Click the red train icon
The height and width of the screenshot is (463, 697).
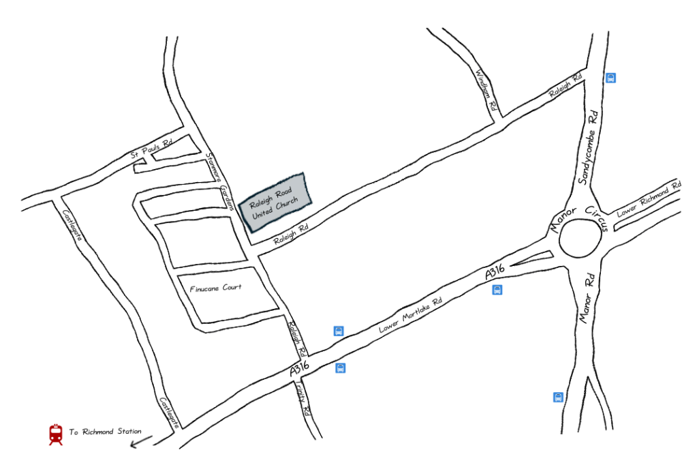coord(55,434)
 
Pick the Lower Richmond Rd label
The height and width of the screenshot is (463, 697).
coord(649,200)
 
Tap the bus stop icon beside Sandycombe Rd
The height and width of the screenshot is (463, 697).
coord(611,78)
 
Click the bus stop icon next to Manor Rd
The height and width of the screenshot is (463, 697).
coord(558,397)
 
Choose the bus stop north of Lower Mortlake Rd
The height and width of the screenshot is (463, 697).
coord(338,331)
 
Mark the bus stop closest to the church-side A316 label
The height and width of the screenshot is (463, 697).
coord(341,368)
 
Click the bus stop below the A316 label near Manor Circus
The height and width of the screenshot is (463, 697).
coord(497,290)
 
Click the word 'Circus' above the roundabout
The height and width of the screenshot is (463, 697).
coord(595,216)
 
